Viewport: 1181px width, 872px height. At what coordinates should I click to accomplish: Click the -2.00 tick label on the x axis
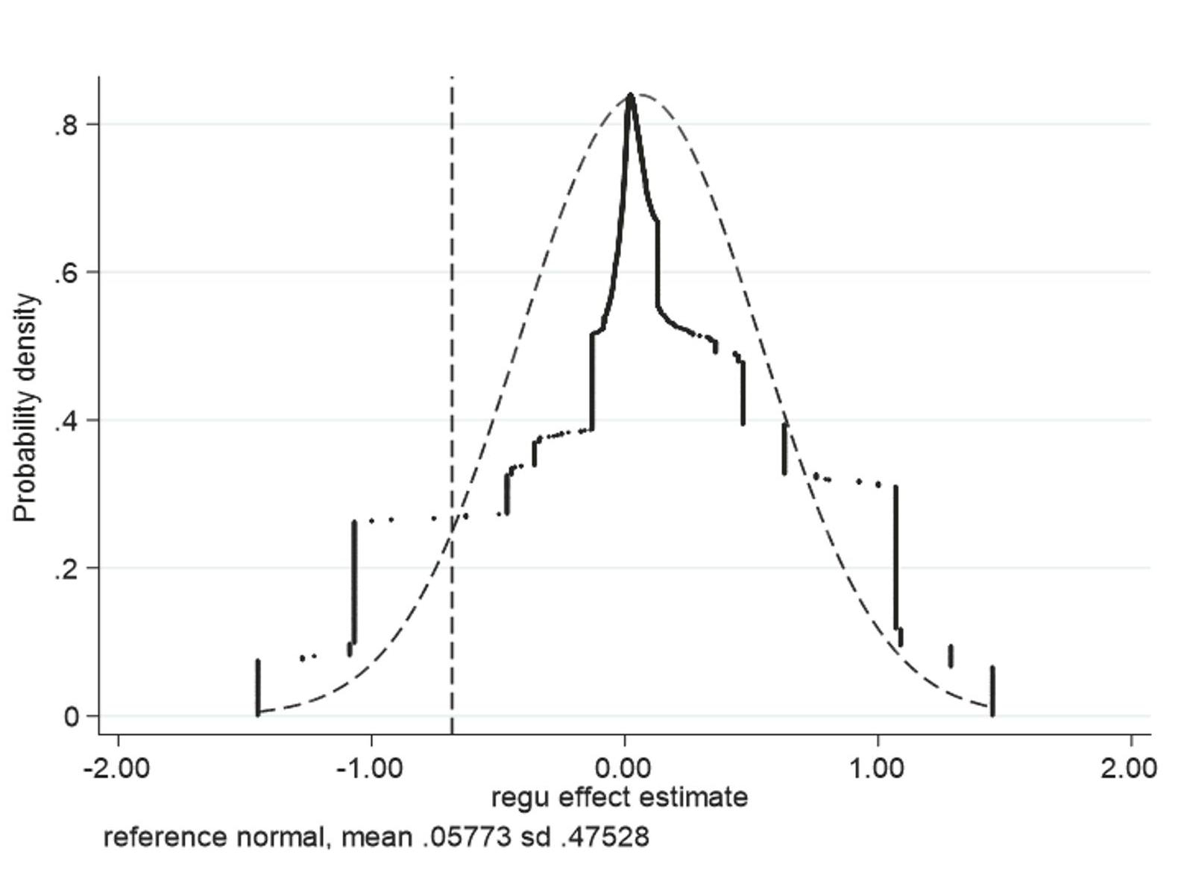click(118, 767)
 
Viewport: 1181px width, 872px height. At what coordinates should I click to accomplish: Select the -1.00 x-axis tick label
click(371, 767)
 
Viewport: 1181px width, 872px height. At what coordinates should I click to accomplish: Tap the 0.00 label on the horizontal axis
click(625, 767)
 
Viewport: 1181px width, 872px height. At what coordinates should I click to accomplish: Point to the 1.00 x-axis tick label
click(878, 767)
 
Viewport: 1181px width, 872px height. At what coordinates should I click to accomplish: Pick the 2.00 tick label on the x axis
click(1129, 767)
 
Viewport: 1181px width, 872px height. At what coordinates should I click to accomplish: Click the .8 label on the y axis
click(66, 125)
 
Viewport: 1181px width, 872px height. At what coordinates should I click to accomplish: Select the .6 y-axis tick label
click(66, 273)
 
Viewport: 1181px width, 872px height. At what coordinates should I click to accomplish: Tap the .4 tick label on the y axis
click(66, 421)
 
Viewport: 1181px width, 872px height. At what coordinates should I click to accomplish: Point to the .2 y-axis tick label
click(66, 569)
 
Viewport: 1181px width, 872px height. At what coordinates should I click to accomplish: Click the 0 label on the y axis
click(72, 717)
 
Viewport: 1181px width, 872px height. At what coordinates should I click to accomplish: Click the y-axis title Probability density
click(25, 408)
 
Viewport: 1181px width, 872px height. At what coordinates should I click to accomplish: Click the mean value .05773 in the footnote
click(466, 836)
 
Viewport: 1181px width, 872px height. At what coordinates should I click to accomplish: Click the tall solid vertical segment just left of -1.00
click(354, 581)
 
